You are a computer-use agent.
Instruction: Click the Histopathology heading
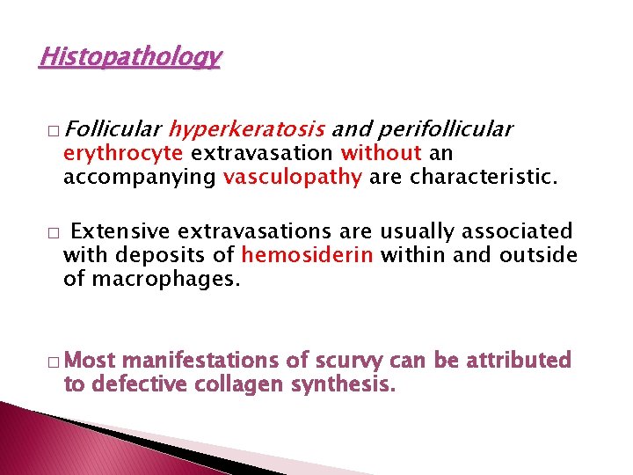tap(130, 58)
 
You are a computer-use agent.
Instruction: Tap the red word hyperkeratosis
tap(247, 130)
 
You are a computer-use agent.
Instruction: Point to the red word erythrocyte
tap(123, 153)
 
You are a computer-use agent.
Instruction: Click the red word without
tap(382, 153)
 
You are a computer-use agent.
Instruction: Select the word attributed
tap(521, 361)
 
